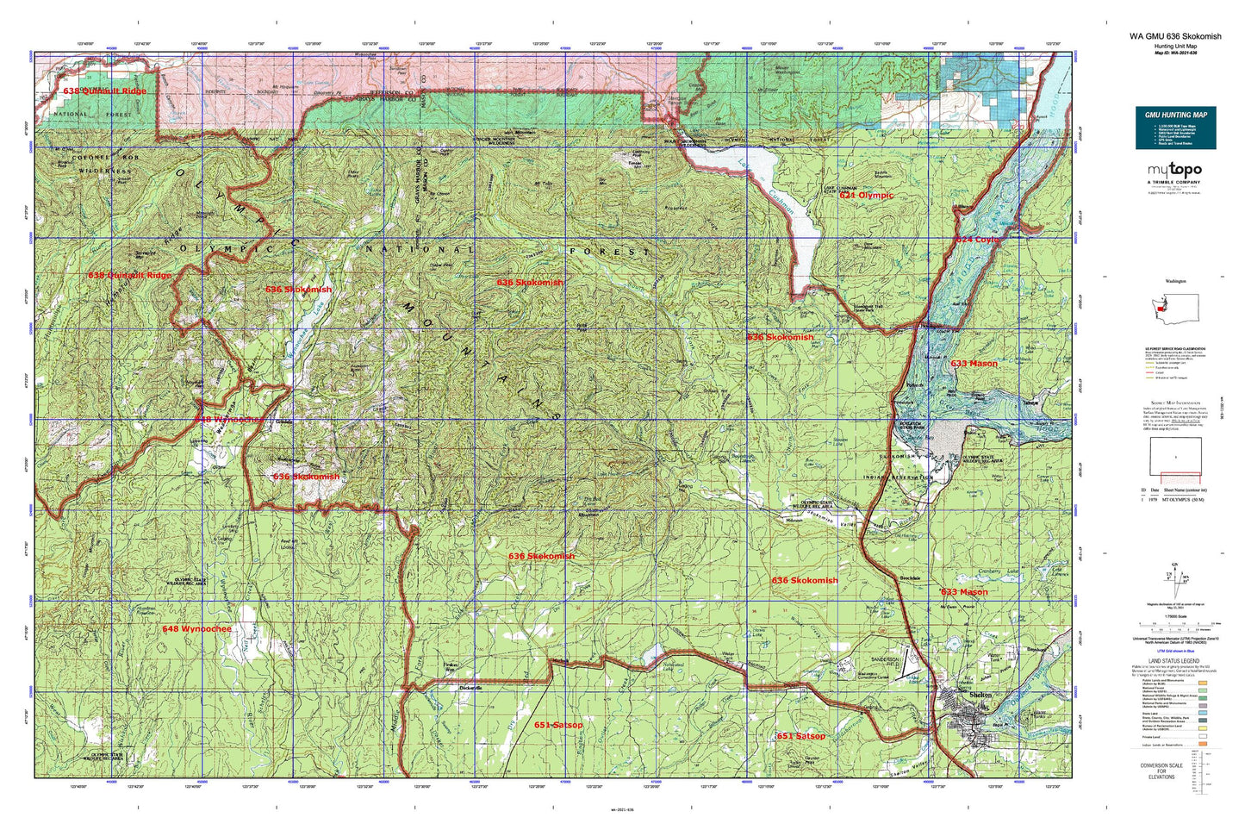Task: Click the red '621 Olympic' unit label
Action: pyautogui.click(x=866, y=196)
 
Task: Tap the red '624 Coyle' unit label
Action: pyautogui.click(x=978, y=240)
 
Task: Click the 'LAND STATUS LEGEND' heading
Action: pyautogui.click(x=1175, y=661)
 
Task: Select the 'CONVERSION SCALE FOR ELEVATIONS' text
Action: pyautogui.click(x=1155, y=771)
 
